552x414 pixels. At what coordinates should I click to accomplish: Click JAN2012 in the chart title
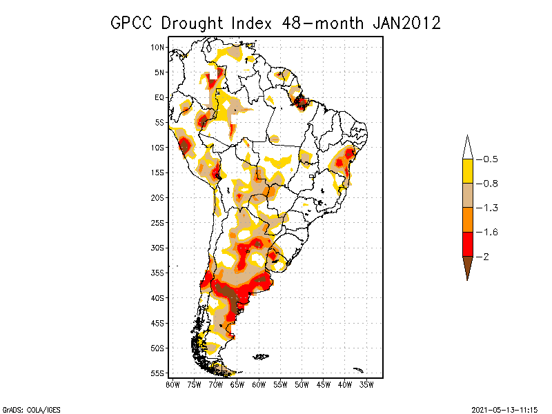406,23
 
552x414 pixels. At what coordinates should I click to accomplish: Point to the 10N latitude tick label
158,47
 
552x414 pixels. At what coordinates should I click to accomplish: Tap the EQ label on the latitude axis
159,97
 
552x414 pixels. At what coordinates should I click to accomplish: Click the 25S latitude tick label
158,222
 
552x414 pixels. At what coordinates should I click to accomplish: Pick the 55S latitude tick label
158,373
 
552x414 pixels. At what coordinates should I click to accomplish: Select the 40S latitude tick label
158,297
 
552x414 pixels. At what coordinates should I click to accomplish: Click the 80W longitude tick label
172,384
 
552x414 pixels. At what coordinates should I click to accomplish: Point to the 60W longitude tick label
259,384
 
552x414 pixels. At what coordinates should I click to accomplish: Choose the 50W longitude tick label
302,384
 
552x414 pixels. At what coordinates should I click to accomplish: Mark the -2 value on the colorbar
486,256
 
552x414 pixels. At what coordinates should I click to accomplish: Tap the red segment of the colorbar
467,244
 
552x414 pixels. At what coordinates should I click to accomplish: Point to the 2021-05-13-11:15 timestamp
504,408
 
